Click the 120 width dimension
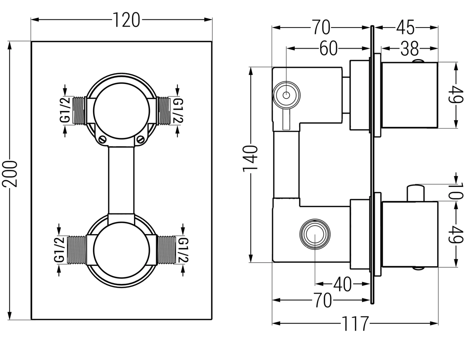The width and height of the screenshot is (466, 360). pyautogui.click(x=126, y=20)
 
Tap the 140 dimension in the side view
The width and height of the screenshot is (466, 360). pyautogui.click(x=250, y=158)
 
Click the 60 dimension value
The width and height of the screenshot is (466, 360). pyautogui.click(x=328, y=49)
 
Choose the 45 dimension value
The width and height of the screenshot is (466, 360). pyautogui.click(x=405, y=28)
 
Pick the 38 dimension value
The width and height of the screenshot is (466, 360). pyautogui.click(x=409, y=49)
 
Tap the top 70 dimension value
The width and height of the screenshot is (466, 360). pyautogui.click(x=321, y=28)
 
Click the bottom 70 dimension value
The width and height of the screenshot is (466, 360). pyautogui.click(x=322, y=300)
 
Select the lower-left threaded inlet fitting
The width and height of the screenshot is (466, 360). pyautogui.click(x=77, y=250)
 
